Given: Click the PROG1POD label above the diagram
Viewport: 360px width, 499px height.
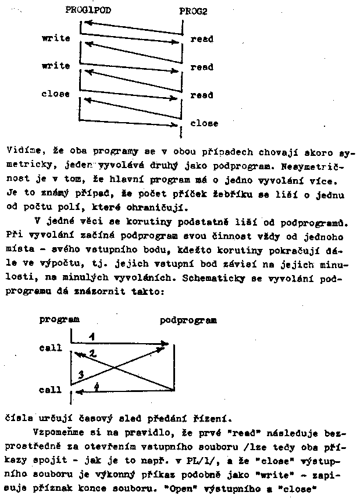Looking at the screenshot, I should (x=88, y=10).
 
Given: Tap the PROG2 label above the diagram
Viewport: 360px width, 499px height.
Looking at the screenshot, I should (x=193, y=11).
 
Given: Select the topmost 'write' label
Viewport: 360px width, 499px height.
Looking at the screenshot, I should (x=56, y=38).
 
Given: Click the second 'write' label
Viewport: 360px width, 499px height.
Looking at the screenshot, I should (x=56, y=66).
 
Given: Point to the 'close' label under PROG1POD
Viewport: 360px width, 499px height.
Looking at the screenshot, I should (x=56, y=94).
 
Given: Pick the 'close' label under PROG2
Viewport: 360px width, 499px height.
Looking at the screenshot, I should (x=204, y=123).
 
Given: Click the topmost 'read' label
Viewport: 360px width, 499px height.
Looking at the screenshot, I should (x=202, y=40).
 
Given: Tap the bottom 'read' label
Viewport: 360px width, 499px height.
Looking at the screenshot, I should (x=202, y=95).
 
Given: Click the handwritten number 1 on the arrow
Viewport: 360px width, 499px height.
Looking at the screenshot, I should (x=92, y=337).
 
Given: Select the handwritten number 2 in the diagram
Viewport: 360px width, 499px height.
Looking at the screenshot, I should (x=92, y=353).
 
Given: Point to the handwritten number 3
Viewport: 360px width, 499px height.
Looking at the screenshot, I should (x=81, y=374).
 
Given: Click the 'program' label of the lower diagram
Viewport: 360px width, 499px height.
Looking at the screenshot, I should (x=59, y=319).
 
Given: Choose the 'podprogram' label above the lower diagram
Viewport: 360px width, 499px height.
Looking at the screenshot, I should (x=188, y=320).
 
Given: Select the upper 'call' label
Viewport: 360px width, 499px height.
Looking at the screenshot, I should (x=51, y=348).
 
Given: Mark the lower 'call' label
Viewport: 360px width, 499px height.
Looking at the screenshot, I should (x=51, y=390).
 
